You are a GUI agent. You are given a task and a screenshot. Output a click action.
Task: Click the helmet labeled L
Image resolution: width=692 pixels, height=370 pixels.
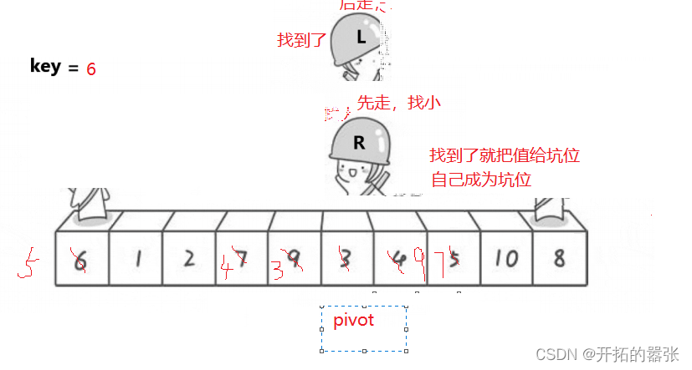[357, 38]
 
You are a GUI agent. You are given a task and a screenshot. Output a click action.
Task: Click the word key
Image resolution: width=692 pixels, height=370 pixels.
[45, 66]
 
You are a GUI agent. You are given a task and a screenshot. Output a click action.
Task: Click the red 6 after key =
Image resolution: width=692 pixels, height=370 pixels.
[91, 69]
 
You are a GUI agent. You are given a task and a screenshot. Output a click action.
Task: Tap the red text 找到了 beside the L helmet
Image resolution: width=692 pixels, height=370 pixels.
[301, 39]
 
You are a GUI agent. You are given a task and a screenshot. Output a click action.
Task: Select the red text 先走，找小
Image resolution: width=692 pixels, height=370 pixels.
[399, 103]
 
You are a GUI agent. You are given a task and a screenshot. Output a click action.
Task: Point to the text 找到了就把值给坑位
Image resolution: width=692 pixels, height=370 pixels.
[505, 155]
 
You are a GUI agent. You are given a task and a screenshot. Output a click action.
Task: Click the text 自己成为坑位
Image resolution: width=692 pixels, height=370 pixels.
[481, 179]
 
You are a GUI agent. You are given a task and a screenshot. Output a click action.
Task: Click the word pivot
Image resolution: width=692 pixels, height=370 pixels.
[353, 320]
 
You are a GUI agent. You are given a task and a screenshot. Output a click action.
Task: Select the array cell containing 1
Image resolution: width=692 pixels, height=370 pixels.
[136, 258]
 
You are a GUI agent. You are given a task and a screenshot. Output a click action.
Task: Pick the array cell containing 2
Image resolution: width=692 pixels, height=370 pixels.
[189, 258]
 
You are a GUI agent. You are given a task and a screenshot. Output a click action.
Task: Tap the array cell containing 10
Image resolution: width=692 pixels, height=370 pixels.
[505, 258]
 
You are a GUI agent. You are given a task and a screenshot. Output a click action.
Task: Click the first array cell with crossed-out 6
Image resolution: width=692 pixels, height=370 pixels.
[81, 259]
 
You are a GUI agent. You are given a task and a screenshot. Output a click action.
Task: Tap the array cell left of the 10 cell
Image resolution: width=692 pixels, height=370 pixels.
[453, 258]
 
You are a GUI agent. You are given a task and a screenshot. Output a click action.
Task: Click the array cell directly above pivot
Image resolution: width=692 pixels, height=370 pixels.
[346, 258]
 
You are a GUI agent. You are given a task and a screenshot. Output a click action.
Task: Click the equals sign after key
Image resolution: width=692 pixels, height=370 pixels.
[73, 68]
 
